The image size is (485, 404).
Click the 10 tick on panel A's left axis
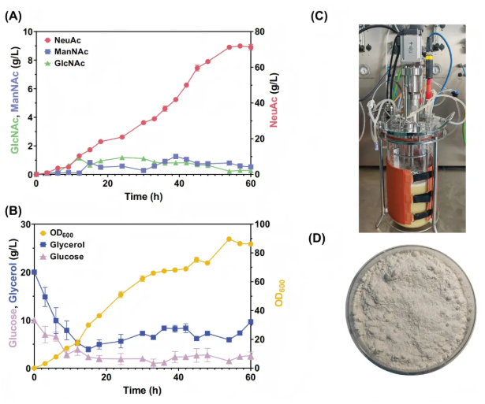coord(28,32)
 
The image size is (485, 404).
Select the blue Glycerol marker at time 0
coord(34,272)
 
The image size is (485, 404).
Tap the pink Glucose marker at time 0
coord(34,321)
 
